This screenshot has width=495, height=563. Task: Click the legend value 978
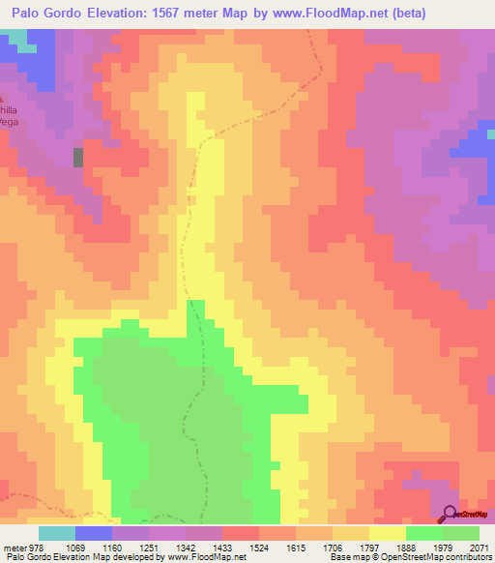tap(31, 547)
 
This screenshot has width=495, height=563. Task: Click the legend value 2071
tap(478, 547)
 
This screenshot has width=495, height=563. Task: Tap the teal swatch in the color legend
tap(57, 533)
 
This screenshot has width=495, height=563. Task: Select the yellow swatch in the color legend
tap(388, 533)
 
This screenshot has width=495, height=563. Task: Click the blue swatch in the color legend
tap(94, 533)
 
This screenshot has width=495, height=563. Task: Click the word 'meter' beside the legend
tap(12, 547)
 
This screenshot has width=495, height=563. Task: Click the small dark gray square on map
tap(78, 157)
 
